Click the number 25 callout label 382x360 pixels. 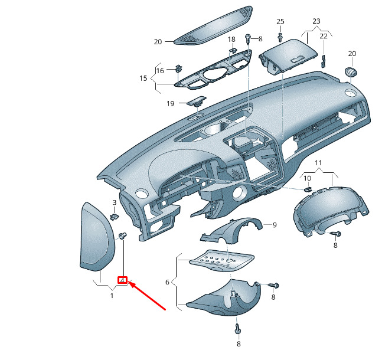280,21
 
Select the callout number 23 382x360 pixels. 316,21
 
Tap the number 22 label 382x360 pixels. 324,36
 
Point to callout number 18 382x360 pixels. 231,39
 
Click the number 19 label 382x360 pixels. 171,103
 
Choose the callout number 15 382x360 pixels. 143,78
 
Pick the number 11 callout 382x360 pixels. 318,163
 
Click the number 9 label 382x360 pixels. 275,225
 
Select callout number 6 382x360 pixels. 167,282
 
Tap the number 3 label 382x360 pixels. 115,202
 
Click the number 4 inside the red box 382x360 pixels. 123,280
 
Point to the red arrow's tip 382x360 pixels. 129,282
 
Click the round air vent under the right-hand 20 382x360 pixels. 351,72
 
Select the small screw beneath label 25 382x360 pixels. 280,37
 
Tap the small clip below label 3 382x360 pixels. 115,216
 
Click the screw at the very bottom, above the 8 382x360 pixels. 237,329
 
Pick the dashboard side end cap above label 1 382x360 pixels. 97,236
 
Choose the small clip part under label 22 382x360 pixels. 324,61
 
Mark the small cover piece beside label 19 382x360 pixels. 197,101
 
